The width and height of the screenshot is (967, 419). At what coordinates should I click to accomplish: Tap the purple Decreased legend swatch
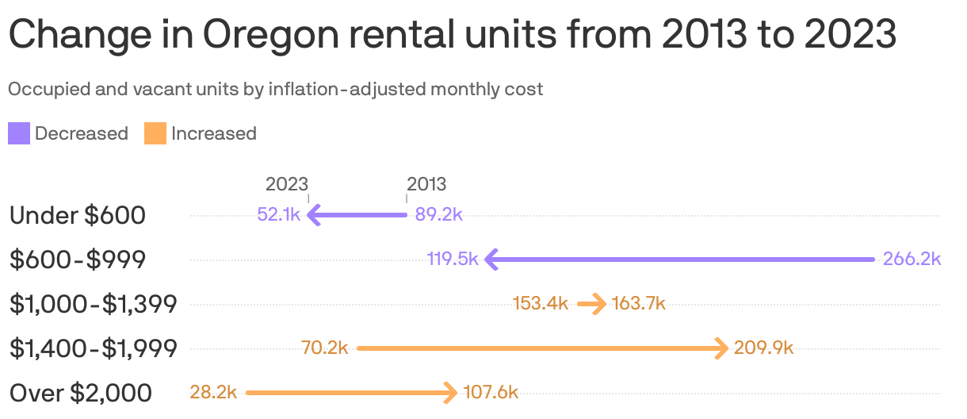pyautogui.click(x=19, y=133)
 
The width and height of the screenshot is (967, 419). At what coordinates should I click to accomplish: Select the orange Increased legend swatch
pyautogui.click(x=155, y=133)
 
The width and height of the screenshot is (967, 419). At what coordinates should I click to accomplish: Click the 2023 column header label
pyautogui.click(x=286, y=184)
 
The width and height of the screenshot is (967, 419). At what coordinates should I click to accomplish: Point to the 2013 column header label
pyautogui.click(x=426, y=184)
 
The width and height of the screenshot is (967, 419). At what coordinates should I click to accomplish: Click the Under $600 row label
pyautogui.click(x=77, y=215)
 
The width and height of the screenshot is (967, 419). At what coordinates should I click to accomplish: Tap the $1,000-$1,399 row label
pyautogui.click(x=93, y=304)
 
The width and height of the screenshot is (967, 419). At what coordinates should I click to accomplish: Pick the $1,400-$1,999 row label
pyautogui.click(x=93, y=348)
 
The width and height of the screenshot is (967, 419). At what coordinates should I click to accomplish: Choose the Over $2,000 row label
pyautogui.click(x=80, y=393)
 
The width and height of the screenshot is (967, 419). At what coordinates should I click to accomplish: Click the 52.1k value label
pyautogui.click(x=279, y=215)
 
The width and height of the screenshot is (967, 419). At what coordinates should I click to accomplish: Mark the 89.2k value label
pyautogui.click(x=439, y=215)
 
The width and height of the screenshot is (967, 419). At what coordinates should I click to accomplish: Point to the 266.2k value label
pyautogui.click(x=912, y=259)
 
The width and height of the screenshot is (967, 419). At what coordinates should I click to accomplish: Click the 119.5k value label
pyautogui.click(x=452, y=259)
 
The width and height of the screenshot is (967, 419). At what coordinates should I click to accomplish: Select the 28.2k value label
pyautogui.click(x=213, y=393)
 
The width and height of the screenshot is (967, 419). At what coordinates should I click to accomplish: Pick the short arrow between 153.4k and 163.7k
pyautogui.click(x=591, y=304)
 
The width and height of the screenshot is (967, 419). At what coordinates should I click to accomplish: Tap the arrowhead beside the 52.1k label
pyautogui.click(x=313, y=215)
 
